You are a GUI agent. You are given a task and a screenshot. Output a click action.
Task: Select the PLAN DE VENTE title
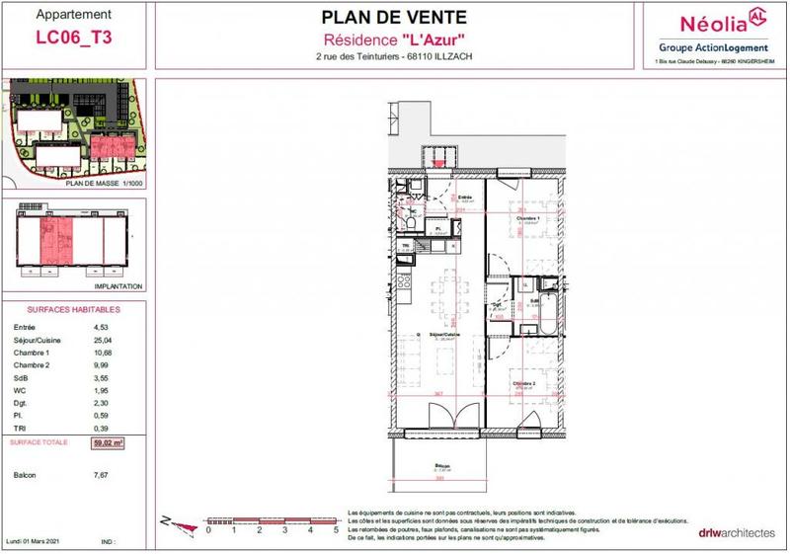click(x=392, y=17)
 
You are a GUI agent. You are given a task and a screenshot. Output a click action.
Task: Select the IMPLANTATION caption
click(x=118, y=287)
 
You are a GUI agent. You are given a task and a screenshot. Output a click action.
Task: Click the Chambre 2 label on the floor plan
click(x=523, y=382)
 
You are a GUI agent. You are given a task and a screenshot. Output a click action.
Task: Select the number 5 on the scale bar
click(x=336, y=530)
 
